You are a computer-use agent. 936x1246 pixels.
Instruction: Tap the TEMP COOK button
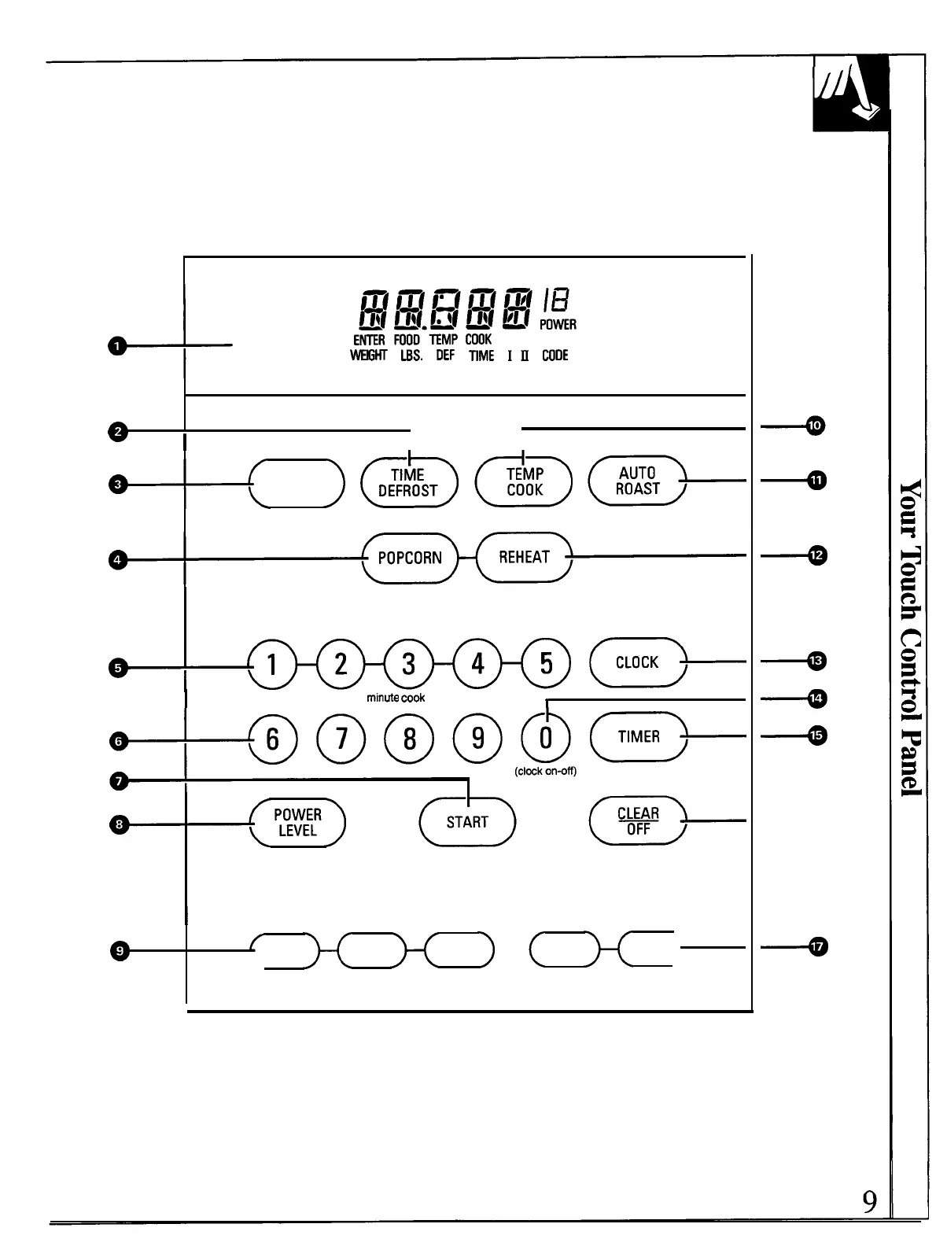[x=524, y=481]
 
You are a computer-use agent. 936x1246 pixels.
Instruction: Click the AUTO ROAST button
[x=637, y=481]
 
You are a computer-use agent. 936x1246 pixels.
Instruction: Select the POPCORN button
[x=410, y=558]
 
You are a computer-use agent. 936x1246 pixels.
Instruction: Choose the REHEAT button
[x=524, y=557]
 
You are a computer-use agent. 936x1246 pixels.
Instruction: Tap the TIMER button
[x=638, y=736]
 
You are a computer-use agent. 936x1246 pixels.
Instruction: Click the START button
[x=467, y=822]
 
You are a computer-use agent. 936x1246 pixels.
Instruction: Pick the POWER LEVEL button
[x=297, y=823]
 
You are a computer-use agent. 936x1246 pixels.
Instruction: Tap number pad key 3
[x=408, y=664]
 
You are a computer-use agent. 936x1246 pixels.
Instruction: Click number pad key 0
[x=545, y=738]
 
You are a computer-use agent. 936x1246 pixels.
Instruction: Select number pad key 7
[x=341, y=739]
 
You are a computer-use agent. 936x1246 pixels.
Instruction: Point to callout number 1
[x=117, y=345]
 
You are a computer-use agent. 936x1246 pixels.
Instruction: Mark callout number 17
[x=817, y=947]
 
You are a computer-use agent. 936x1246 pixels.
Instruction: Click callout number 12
[x=817, y=555]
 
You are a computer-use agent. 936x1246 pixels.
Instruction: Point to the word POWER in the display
[x=558, y=324]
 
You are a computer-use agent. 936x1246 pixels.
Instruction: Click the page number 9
[x=869, y=1201]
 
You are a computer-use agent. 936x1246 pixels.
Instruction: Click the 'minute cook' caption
[x=396, y=698]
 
